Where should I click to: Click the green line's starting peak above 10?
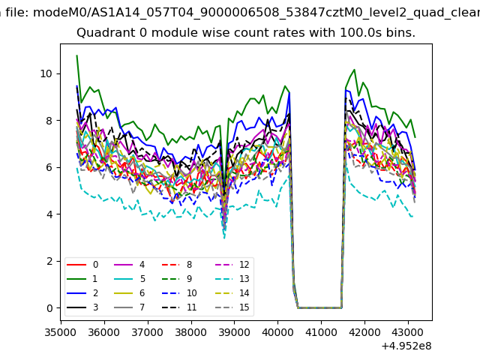coord(76,56)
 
